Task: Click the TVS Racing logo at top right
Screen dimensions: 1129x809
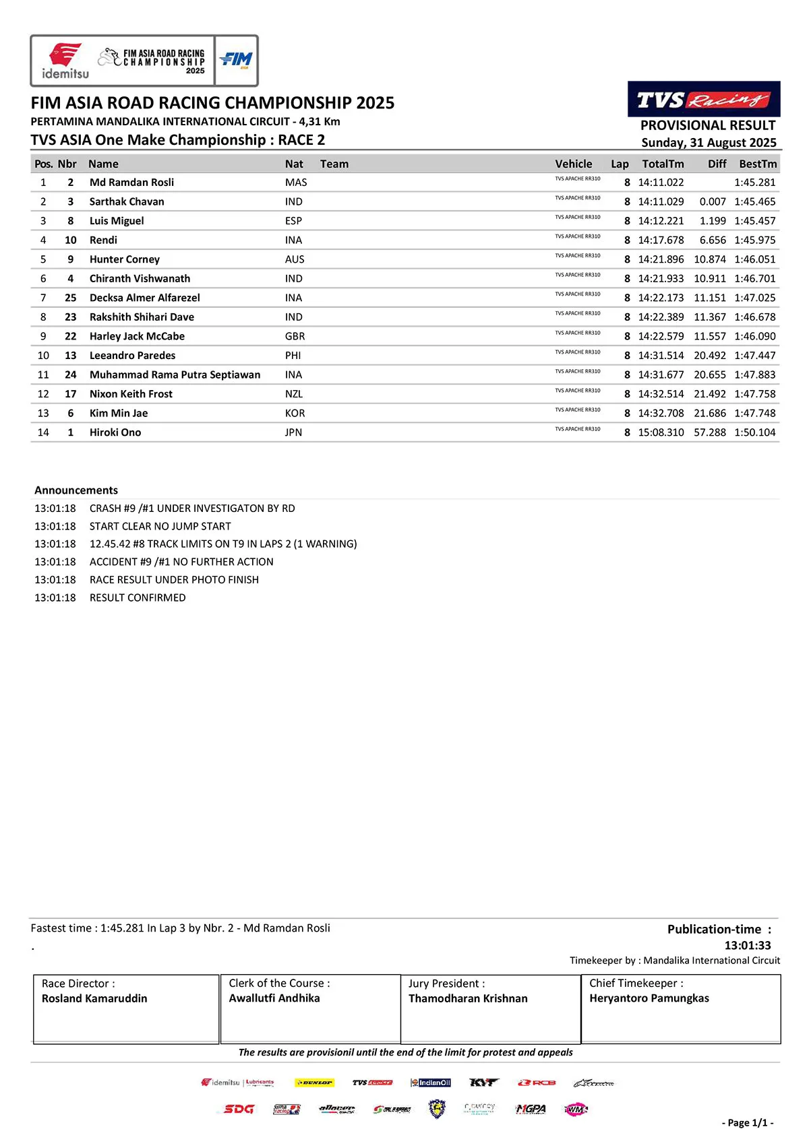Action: [704, 100]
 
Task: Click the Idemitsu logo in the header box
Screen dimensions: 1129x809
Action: [65, 61]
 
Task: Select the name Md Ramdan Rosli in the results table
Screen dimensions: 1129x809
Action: [131, 183]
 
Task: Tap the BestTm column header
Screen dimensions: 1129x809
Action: [758, 164]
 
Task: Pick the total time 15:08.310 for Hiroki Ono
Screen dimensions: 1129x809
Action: [661, 432]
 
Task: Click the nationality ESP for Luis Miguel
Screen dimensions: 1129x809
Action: [293, 221]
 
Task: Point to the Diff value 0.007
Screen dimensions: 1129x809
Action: [713, 201]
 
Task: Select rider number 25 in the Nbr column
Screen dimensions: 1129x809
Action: [70, 298]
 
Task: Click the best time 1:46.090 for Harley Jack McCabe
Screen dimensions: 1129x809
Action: [755, 336]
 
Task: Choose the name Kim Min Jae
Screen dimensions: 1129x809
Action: [119, 413]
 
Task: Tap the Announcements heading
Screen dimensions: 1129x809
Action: [76, 490]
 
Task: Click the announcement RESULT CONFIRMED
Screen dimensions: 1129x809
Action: [138, 598]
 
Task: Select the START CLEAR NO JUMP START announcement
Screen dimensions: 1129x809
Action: [160, 526]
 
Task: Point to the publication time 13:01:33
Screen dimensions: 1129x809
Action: [747, 945]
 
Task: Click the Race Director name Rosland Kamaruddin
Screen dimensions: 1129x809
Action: [94, 998]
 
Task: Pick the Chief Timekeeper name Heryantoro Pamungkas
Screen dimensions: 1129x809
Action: [649, 998]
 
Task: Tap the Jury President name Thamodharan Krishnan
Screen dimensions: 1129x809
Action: [468, 998]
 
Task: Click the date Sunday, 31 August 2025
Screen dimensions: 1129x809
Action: [709, 143]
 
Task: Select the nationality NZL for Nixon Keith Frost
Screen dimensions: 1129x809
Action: [294, 394]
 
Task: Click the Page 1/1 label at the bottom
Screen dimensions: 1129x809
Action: [748, 1122]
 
